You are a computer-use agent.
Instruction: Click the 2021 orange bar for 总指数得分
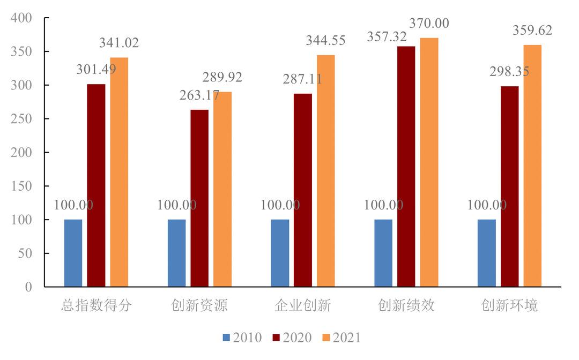point(119,172)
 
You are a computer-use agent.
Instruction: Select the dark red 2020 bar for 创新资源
point(199,198)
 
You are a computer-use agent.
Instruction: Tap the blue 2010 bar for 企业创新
point(280,253)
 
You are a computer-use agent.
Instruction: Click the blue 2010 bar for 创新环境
point(486,253)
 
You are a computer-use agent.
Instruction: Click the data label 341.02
point(119,43)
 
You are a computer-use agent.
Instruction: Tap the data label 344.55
point(325,40)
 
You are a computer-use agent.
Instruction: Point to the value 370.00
point(429,24)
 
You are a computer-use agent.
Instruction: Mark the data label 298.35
point(509,72)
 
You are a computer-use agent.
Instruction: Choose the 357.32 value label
point(387,37)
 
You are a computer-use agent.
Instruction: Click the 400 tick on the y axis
point(21,18)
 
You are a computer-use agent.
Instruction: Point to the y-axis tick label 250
point(21,119)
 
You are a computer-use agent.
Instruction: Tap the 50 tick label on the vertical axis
point(25,253)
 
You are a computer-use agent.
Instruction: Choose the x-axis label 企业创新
point(303,306)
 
